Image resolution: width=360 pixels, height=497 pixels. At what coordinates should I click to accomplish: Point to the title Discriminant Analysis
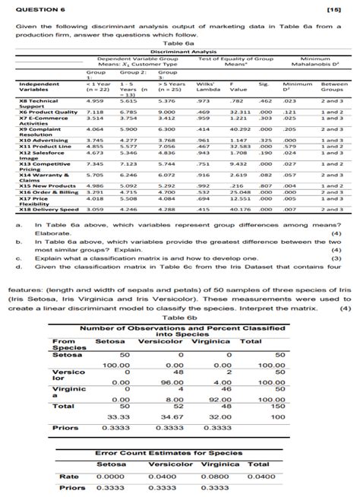click(x=180, y=51)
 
